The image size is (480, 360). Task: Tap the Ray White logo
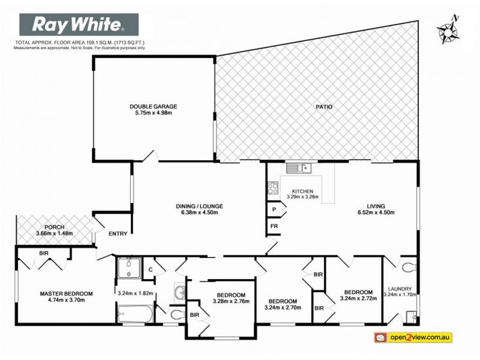tap(79, 25)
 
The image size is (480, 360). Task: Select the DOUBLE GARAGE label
tap(154, 107)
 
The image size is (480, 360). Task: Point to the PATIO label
tap(324, 107)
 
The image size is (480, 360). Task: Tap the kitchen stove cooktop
tap(272, 189)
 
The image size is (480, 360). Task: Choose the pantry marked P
tap(274, 209)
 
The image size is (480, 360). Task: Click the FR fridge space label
tap(274, 226)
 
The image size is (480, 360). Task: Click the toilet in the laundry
tap(409, 267)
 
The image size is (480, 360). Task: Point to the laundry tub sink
tap(411, 315)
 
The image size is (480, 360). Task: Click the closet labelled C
tap(151, 270)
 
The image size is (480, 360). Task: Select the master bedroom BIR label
tap(44, 254)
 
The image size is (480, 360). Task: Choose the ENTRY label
tap(118, 234)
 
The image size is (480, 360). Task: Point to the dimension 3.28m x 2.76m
tap(230, 302)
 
